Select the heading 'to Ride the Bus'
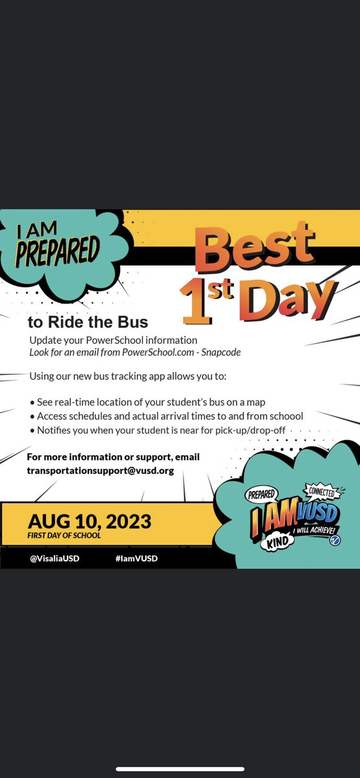88,322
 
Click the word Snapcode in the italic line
219,352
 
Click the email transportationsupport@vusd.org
101,471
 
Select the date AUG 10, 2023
90,521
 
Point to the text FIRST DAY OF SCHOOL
64,536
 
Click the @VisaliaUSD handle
54,558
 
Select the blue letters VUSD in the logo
314,513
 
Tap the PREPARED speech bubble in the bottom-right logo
262,495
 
